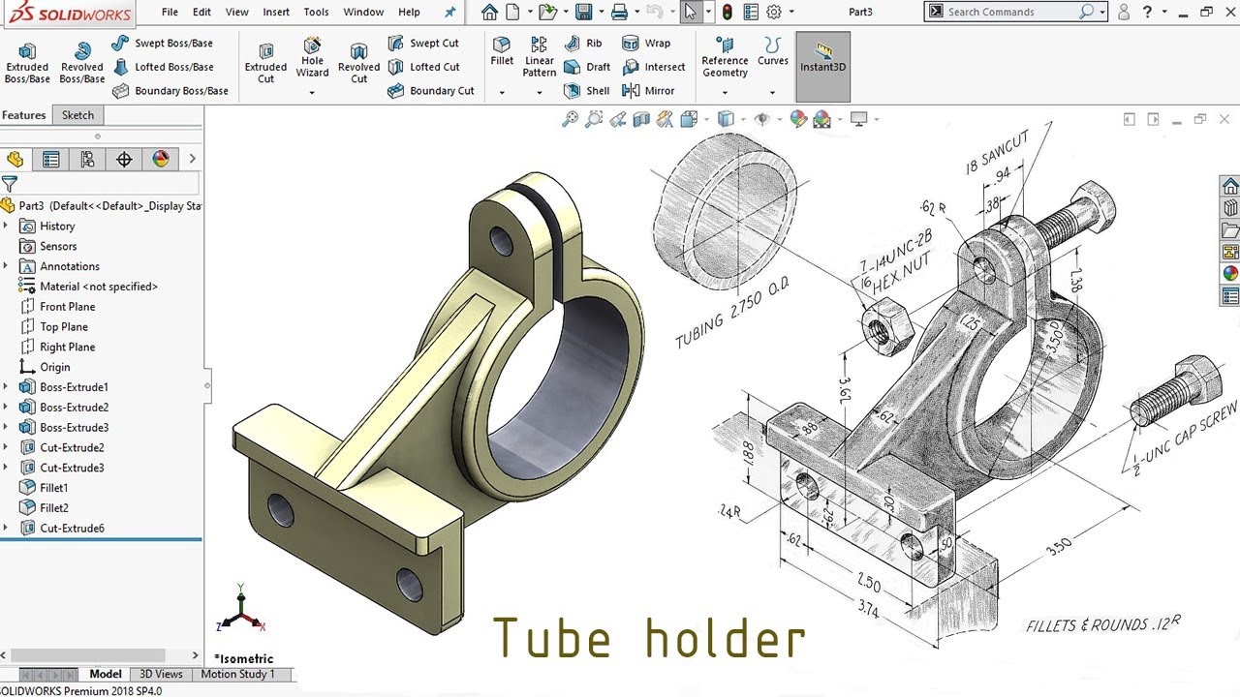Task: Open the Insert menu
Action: pos(276,12)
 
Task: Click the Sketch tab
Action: pos(77,115)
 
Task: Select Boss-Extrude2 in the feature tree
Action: pos(74,408)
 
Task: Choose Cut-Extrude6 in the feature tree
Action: pos(72,529)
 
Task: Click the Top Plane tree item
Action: pos(63,327)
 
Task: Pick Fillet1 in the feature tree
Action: pos(53,488)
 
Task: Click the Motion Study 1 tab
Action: pos(237,674)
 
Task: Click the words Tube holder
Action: pos(649,638)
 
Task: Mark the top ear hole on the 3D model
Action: pos(502,240)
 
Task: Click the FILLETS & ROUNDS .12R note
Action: pos(1102,624)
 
